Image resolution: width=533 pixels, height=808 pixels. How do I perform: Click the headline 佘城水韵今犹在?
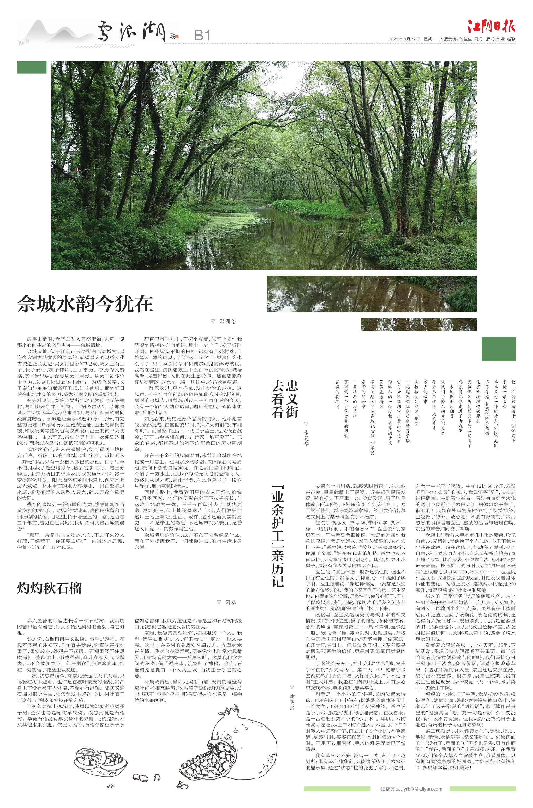click(85, 304)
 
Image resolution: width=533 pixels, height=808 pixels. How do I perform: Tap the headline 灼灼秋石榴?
click(49, 588)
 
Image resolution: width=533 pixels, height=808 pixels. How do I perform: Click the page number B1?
click(202, 35)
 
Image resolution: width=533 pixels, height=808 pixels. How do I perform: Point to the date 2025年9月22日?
click(404, 39)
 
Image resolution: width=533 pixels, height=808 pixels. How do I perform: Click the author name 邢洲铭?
click(227, 321)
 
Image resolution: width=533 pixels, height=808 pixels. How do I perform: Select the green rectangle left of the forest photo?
click(32, 67)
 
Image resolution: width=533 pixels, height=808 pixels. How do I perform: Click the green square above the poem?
click(498, 349)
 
